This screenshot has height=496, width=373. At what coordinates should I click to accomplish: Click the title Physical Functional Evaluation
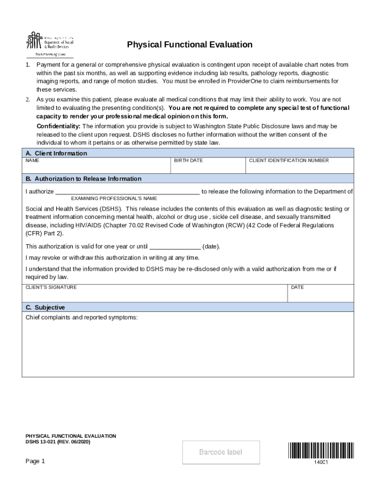[189, 45]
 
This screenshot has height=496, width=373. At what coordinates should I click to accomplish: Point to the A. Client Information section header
[56, 154]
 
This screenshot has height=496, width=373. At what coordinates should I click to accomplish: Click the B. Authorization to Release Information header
[83, 179]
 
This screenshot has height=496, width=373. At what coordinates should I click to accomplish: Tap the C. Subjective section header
[45, 308]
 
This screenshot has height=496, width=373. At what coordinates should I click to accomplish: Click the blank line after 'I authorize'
[127, 191]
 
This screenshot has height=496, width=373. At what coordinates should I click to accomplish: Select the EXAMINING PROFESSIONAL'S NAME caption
[114, 199]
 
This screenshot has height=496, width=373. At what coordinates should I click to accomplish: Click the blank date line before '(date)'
[175, 246]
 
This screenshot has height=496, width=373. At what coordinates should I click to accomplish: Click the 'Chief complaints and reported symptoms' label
[81, 318]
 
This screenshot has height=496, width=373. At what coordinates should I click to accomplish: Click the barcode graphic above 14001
[321, 450]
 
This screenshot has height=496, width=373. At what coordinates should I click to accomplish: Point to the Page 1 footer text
[35, 461]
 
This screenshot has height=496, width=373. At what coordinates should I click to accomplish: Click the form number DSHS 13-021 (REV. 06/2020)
[58, 442]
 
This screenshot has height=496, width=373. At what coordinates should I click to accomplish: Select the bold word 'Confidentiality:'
[59, 126]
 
